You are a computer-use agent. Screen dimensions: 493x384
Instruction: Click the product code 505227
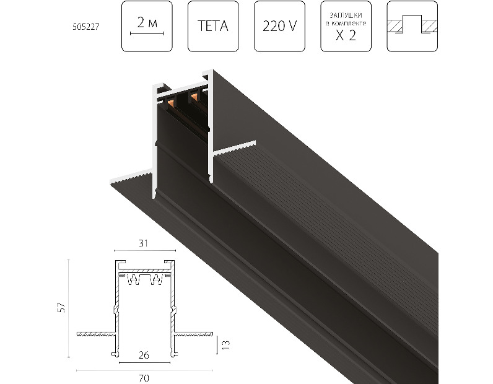click(x=86, y=27)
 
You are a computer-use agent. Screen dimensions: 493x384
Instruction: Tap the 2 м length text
click(x=147, y=22)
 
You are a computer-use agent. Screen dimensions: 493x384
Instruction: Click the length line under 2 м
click(x=147, y=33)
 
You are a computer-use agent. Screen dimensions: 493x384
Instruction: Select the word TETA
click(x=213, y=26)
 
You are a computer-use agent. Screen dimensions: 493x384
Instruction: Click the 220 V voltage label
click(x=279, y=26)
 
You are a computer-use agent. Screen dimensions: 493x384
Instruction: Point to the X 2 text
click(x=346, y=35)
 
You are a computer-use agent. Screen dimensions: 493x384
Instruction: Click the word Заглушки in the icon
click(x=346, y=15)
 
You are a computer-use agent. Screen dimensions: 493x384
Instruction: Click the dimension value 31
click(x=143, y=243)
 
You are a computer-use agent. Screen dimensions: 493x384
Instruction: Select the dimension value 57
click(x=63, y=307)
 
